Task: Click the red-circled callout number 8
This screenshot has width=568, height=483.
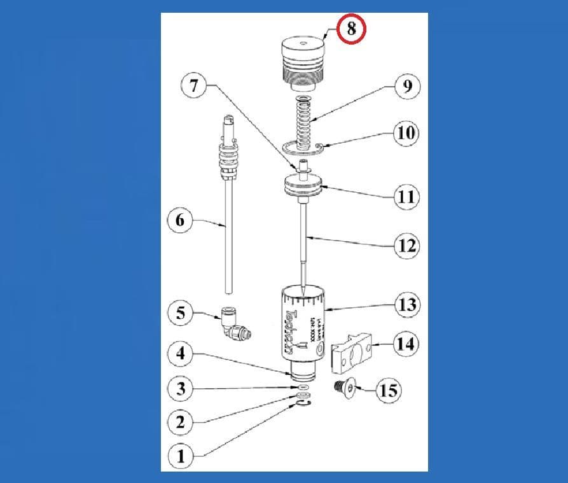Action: (351, 29)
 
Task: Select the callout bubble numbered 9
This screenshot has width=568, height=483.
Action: (407, 85)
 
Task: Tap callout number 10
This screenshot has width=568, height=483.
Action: (407, 134)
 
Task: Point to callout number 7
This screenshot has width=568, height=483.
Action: (195, 86)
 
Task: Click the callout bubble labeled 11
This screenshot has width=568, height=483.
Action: (406, 197)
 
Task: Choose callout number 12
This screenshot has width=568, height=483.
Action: (407, 245)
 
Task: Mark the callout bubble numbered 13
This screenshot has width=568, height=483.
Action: (406, 305)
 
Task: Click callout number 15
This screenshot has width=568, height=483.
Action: (389, 389)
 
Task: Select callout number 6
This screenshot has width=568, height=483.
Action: (180, 221)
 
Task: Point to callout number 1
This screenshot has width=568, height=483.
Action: (181, 455)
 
